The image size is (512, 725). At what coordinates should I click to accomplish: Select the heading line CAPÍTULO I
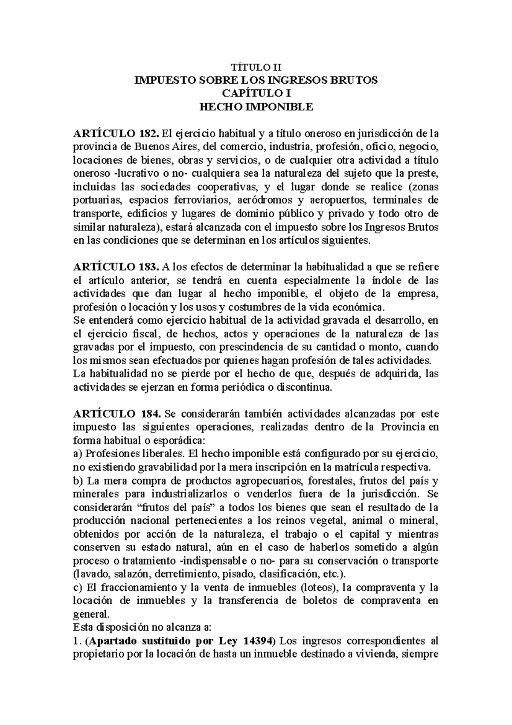tap(256, 94)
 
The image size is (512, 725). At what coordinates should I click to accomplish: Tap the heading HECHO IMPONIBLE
tap(256, 107)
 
